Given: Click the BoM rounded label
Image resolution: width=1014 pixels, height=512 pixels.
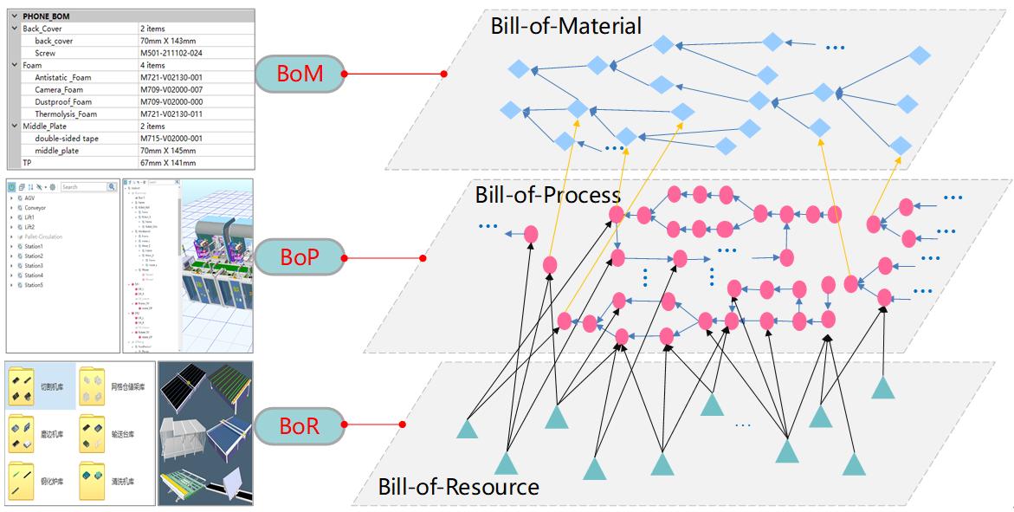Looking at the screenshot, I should pyautogui.click(x=300, y=75).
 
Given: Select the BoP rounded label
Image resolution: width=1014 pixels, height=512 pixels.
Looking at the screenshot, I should pyautogui.click(x=299, y=258).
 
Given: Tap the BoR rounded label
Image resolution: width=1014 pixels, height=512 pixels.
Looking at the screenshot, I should pyautogui.click(x=299, y=425).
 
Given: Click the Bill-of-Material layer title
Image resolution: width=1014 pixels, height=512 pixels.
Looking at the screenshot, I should pyautogui.click(x=565, y=26).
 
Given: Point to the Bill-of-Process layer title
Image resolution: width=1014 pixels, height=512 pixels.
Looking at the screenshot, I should pyautogui.click(x=547, y=194).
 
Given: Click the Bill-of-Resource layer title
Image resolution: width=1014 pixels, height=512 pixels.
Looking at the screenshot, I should pyautogui.click(x=458, y=486).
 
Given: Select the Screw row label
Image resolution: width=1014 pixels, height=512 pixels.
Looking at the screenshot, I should pyautogui.click(x=45, y=53).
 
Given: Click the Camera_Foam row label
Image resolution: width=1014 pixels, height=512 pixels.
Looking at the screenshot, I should pyautogui.click(x=59, y=89).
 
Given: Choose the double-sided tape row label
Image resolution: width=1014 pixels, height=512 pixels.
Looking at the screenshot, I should pyautogui.click(x=67, y=138).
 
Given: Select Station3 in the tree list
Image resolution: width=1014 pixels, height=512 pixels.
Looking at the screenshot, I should pyautogui.click(x=34, y=266).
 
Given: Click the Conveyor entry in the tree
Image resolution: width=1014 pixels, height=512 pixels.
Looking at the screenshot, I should pyautogui.click(x=36, y=207).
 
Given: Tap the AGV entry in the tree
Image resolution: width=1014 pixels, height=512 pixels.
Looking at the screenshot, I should pyautogui.click(x=29, y=198).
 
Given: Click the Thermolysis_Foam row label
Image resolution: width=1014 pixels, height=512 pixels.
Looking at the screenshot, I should pyautogui.click(x=66, y=113).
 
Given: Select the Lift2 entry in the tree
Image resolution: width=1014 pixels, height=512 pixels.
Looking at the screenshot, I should pyautogui.click(x=29, y=227).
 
